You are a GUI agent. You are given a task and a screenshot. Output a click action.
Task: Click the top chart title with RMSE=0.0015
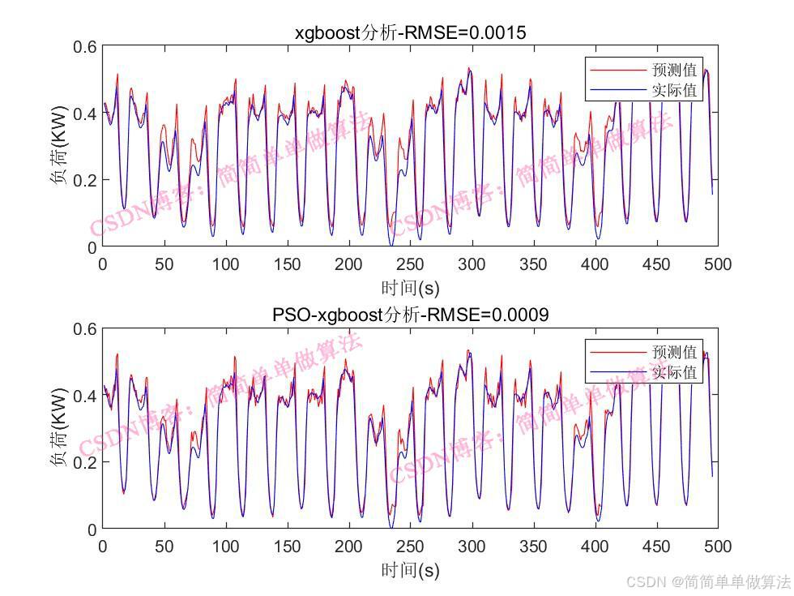coord(410,33)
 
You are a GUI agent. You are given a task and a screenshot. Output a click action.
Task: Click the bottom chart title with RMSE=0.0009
coord(410,315)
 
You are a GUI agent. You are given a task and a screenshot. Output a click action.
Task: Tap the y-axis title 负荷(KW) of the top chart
coord(61,147)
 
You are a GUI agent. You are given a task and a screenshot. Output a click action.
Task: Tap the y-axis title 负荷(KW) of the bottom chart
coord(61,428)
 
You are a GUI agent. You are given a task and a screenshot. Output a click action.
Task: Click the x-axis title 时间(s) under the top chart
coord(410,287)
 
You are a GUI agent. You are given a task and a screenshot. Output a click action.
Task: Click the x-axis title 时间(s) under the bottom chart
coord(410,569)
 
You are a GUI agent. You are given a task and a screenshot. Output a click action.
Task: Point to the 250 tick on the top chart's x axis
coord(410,264)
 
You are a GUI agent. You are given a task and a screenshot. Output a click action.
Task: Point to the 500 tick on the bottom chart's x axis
coord(718,546)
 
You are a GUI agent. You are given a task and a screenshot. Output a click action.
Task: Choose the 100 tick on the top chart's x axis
coord(225,264)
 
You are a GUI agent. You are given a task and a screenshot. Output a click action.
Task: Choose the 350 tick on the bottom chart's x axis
coord(533,546)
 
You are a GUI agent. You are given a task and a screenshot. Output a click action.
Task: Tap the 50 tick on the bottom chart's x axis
coord(164,546)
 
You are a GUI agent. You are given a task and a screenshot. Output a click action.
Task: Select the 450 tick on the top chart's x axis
coord(656,264)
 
